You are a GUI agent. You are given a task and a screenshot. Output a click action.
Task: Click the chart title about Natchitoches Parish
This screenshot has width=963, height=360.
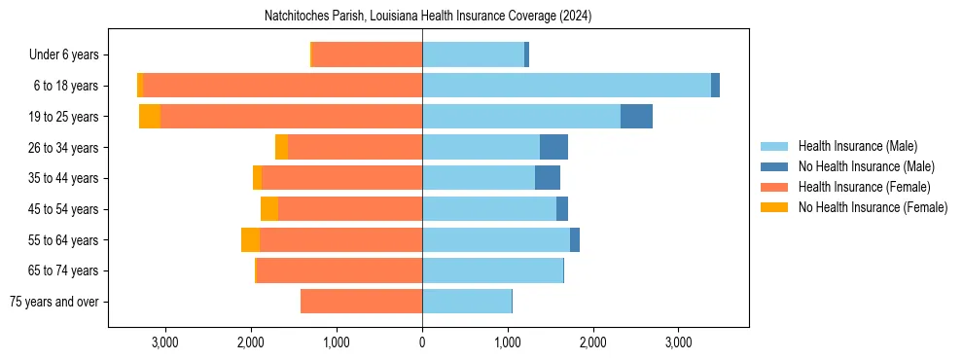428,17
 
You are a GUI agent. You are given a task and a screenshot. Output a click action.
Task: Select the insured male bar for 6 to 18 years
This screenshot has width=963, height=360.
566,86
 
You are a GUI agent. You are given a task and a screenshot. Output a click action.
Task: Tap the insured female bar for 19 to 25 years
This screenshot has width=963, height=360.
291,117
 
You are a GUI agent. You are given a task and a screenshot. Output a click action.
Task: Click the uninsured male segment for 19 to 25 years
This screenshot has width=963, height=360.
636,117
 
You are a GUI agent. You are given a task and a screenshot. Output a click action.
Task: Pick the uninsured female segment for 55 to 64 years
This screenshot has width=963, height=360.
250,240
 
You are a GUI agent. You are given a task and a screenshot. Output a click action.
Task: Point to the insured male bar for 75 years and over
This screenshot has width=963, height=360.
467,302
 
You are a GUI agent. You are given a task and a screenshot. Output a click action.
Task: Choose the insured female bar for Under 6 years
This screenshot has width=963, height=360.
367,55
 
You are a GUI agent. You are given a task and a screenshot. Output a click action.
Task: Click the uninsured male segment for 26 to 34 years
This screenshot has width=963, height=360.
553,148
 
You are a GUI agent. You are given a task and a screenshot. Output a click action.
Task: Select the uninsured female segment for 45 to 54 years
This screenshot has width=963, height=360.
269,209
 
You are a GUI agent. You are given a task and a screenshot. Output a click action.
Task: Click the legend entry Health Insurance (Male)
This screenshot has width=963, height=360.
857,146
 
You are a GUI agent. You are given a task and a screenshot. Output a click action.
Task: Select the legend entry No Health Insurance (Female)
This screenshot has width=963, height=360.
873,207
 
